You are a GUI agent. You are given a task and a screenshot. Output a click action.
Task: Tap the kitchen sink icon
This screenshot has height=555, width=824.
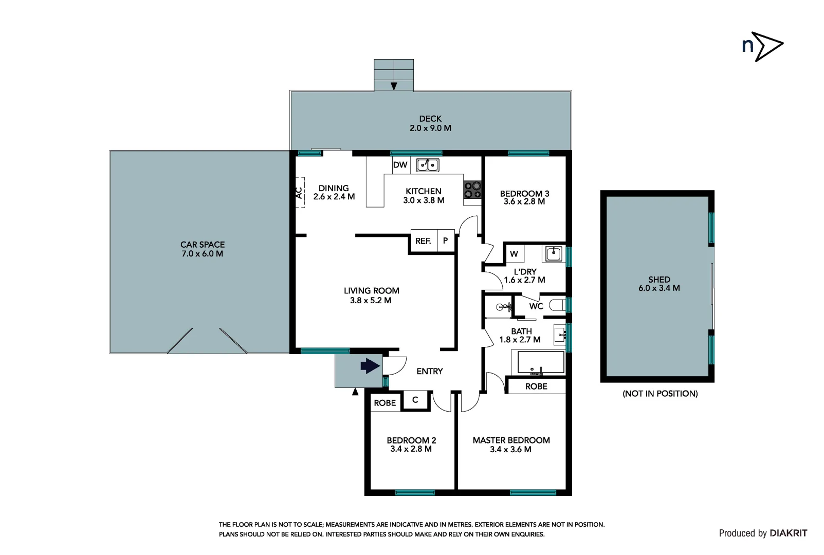pos(428,165)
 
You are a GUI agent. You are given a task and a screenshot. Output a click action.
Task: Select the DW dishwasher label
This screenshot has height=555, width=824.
pos(400,165)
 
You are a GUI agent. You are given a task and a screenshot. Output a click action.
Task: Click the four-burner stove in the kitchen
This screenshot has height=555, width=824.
pos(473,190)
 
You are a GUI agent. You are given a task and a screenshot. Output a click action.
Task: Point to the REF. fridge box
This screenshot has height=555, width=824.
pos(423,241)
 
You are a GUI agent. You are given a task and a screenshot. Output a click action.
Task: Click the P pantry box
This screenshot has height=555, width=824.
pos(446,240)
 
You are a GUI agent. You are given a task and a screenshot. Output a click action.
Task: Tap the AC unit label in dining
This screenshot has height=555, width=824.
pos(299,193)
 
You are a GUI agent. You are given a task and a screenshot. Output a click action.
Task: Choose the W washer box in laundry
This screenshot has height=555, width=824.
pos(514,254)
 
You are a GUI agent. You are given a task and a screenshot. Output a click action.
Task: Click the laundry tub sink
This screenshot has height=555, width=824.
pos(554,253)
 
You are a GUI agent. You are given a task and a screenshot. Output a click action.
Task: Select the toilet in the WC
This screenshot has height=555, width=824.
pos(558,306)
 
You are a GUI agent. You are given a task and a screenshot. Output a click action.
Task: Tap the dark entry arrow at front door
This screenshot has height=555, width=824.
pos(370,366)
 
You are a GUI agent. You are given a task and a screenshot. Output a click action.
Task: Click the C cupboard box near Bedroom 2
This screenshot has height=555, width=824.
pos(415,400)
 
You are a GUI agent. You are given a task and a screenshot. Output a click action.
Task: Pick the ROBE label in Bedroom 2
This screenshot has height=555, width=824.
pos(385,403)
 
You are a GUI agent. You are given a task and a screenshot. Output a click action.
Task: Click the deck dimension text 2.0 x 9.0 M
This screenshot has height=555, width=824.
pos(430,128)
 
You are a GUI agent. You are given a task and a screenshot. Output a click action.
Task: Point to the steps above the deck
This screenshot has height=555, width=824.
pos(394,75)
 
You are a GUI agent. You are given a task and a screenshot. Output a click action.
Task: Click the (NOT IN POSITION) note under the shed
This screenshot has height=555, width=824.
pos(660,394)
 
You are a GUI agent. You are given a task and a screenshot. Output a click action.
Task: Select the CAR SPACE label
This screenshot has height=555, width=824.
pos(203,245)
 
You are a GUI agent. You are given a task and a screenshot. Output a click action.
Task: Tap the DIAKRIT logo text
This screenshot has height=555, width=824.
pos(788,533)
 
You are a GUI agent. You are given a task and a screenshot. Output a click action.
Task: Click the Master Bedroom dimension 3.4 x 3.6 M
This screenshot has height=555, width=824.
pos(510,449)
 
